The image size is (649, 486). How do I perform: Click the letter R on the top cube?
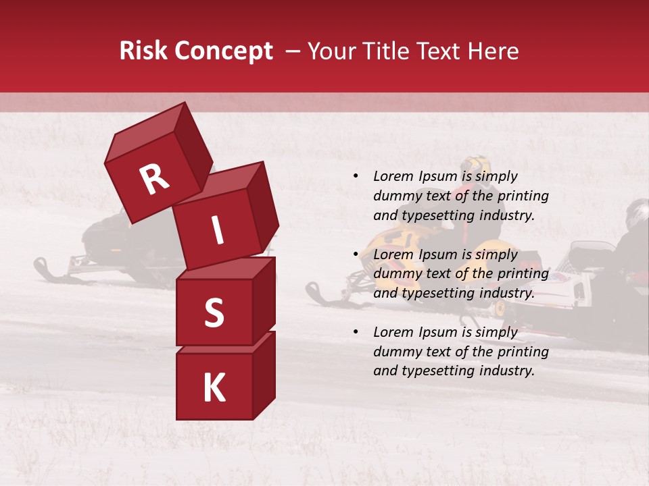click(x=154, y=180)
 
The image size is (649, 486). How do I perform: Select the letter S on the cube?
click(x=214, y=313)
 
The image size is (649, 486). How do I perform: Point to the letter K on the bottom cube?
click(x=214, y=388)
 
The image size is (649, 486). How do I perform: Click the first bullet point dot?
click(x=355, y=176)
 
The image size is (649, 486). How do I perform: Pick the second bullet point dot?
click(x=355, y=254)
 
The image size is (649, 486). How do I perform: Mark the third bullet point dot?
click(x=355, y=332)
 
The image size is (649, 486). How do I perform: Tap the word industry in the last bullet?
click(x=507, y=371)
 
